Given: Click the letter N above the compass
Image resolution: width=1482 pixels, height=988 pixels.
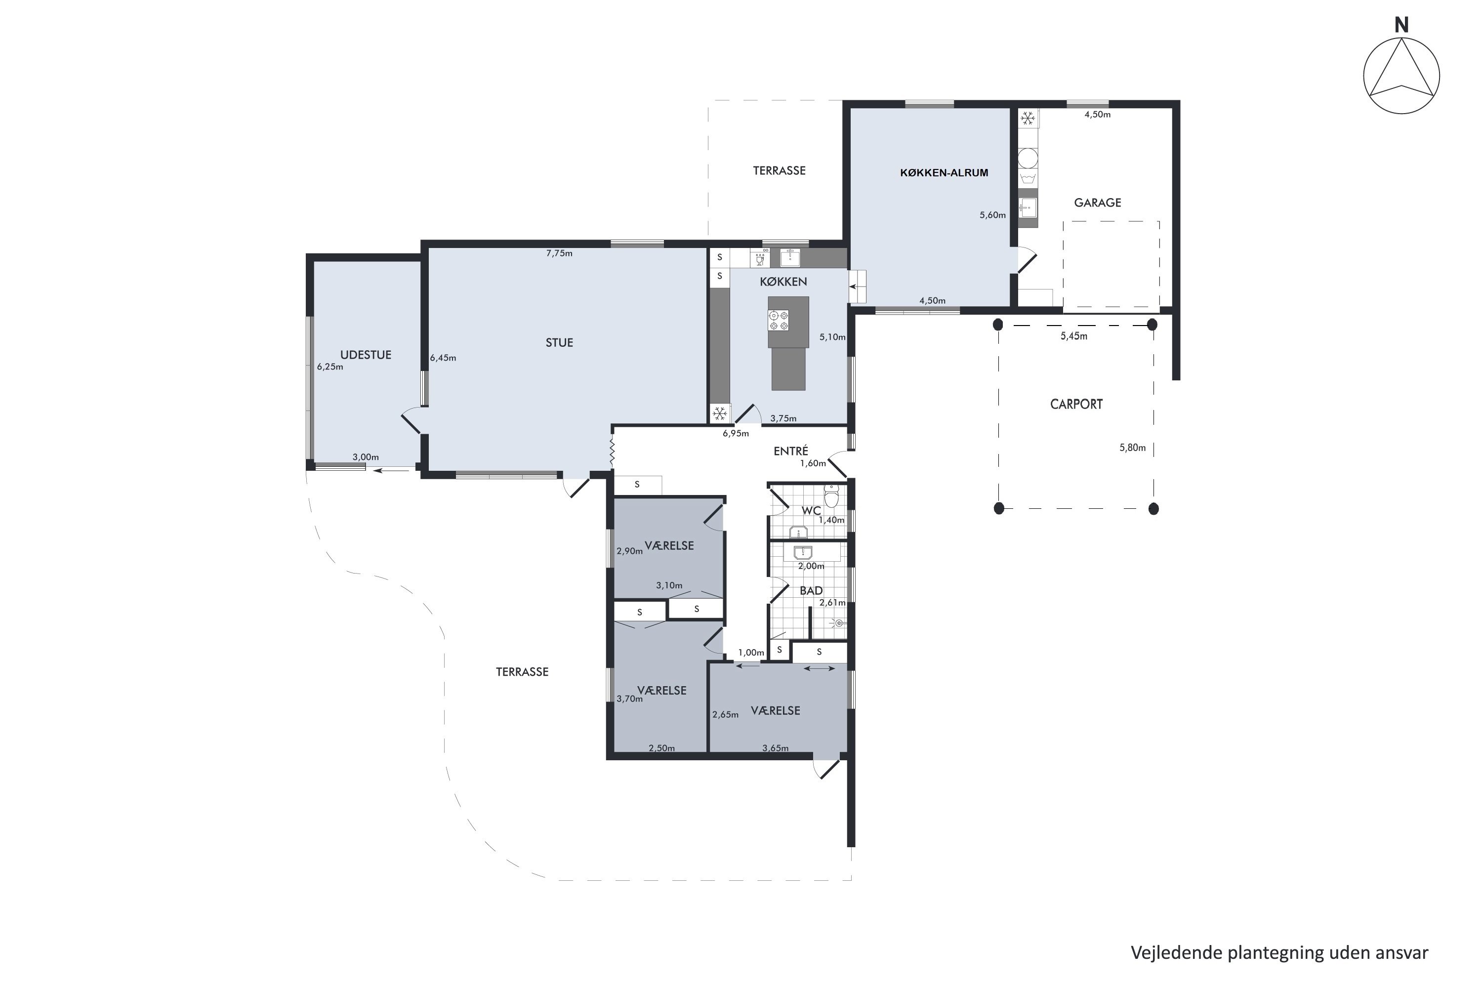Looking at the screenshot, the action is click(x=1401, y=25).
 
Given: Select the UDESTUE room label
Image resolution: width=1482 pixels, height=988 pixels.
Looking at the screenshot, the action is click(x=366, y=355).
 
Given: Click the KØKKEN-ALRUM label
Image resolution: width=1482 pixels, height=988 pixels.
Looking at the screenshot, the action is click(x=944, y=172).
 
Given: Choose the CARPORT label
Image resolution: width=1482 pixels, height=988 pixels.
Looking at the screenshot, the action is click(x=1076, y=404).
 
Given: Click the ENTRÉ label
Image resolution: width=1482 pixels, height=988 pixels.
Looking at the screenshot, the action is click(x=791, y=451).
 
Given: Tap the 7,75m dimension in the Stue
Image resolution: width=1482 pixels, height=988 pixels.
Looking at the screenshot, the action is click(x=560, y=253).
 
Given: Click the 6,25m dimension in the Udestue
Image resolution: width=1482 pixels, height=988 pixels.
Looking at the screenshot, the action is click(x=330, y=367).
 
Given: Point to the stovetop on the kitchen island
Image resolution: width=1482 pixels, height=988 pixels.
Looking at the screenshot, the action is click(x=778, y=320).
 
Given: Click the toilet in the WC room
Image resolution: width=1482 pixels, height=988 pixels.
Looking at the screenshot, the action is click(x=832, y=496).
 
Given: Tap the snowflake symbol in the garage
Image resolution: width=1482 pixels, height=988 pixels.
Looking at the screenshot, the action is click(x=1029, y=118).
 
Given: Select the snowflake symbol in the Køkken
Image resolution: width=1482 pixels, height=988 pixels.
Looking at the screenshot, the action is click(x=720, y=413).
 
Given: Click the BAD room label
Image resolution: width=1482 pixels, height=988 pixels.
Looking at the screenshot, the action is click(x=811, y=590).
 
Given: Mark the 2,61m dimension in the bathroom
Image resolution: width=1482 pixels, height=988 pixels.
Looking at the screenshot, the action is click(x=832, y=602).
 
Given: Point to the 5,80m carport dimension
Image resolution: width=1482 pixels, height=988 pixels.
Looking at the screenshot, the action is click(x=1132, y=448).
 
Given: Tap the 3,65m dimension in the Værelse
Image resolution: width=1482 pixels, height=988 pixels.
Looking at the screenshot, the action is click(x=775, y=748).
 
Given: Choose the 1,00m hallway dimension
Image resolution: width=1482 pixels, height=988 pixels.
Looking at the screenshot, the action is click(x=751, y=653).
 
